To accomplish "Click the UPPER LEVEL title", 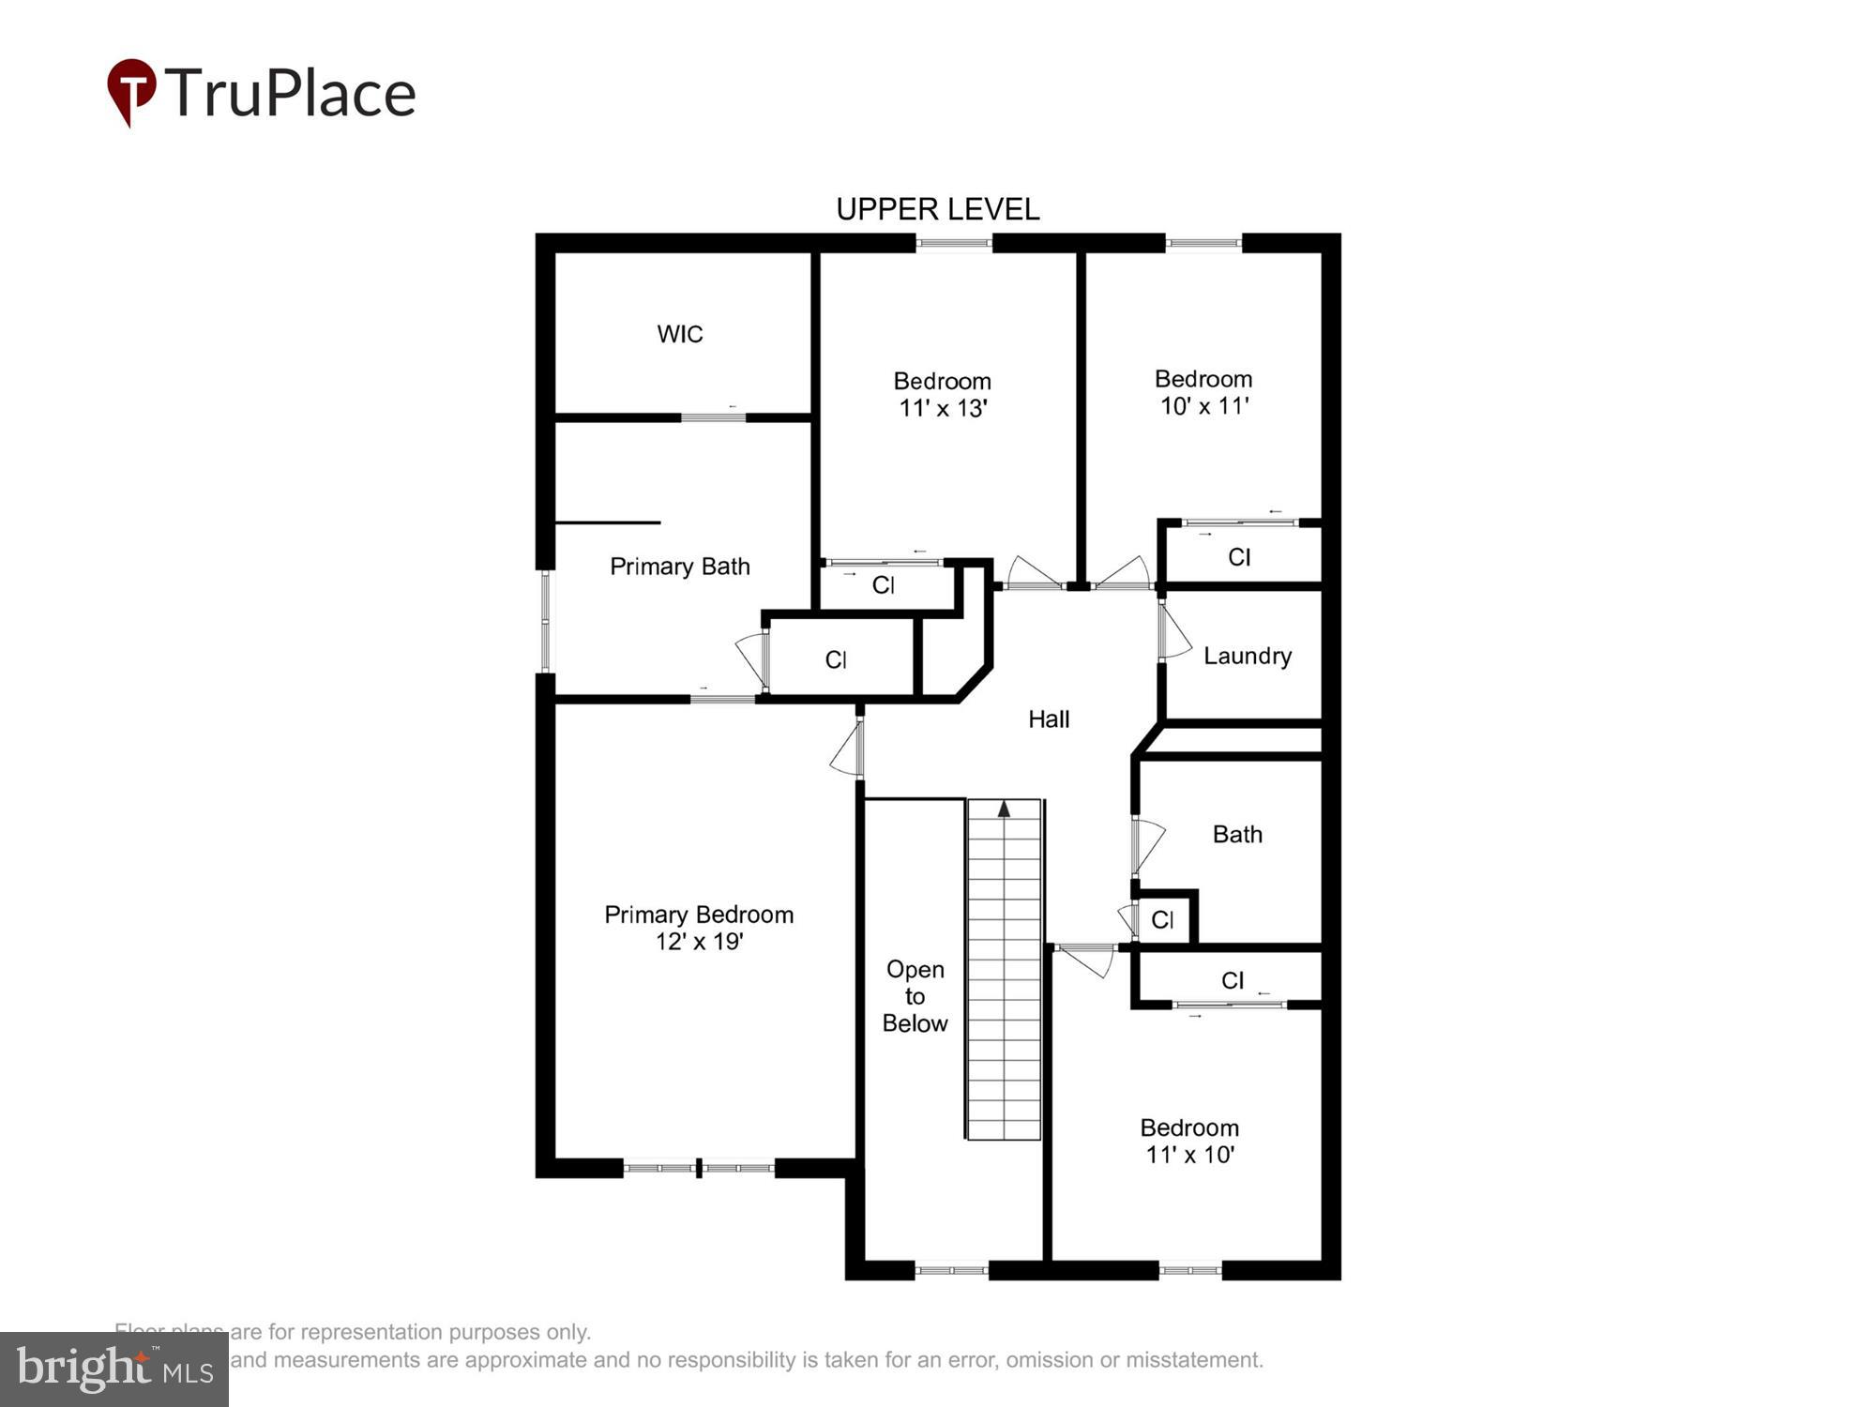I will (x=937, y=209).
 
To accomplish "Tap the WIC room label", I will (x=680, y=334).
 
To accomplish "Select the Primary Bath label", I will (x=680, y=567).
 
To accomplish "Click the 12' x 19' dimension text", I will (x=699, y=941).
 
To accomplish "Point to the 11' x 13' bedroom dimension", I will (x=942, y=408).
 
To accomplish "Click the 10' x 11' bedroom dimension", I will (x=1204, y=406).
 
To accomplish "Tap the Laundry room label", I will (x=1247, y=656).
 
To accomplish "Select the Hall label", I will (x=1049, y=719).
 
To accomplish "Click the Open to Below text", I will (x=915, y=996).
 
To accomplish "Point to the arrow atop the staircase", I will (x=1004, y=809).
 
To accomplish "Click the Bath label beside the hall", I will (x=1237, y=834).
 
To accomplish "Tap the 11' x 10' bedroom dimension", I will (x=1189, y=1155).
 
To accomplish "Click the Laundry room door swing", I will (x=1175, y=633).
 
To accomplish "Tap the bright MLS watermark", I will (x=114, y=1369).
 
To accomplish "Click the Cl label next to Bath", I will (x=1162, y=920).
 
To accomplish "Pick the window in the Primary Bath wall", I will (x=546, y=621).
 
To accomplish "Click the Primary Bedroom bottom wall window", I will (x=699, y=1168).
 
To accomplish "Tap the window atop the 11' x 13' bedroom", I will (x=953, y=244).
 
